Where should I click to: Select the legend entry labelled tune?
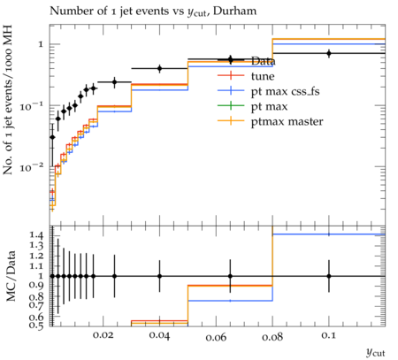click(263, 76)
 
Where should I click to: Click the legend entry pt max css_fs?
click(285, 91)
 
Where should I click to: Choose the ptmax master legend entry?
click(287, 121)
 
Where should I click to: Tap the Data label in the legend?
click(263, 61)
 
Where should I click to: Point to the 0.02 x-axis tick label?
click(103, 335)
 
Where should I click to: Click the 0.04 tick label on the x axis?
click(159, 335)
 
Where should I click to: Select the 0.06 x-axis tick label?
click(216, 336)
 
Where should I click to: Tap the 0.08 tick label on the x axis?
click(272, 336)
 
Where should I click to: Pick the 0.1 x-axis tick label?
click(329, 335)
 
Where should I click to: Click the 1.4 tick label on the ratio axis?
click(36, 235)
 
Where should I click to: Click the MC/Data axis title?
click(11, 276)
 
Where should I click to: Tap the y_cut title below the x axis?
click(376, 352)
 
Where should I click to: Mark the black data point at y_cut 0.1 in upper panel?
click(329, 53)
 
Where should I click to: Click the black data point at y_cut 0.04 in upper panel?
click(159, 69)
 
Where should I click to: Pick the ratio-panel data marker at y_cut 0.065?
click(230, 276)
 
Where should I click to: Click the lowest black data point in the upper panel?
click(52, 137)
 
